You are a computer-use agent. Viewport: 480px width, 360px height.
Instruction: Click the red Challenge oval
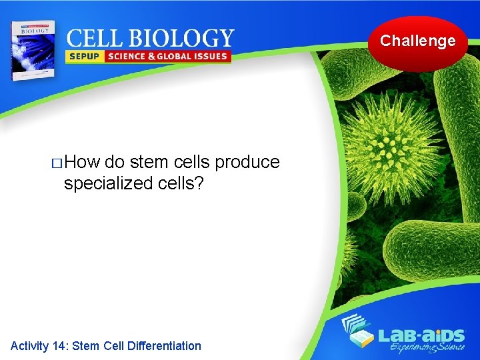pyautogui.click(x=418, y=42)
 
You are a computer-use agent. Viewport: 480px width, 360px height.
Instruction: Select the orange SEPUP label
pyautogui.click(x=83, y=57)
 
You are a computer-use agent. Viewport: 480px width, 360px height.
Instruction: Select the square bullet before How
pyautogui.click(x=57, y=163)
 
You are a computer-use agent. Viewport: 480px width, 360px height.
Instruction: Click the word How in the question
pyautogui.click(x=82, y=163)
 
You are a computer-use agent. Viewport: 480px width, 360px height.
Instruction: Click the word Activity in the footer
pyautogui.click(x=29, y=345)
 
